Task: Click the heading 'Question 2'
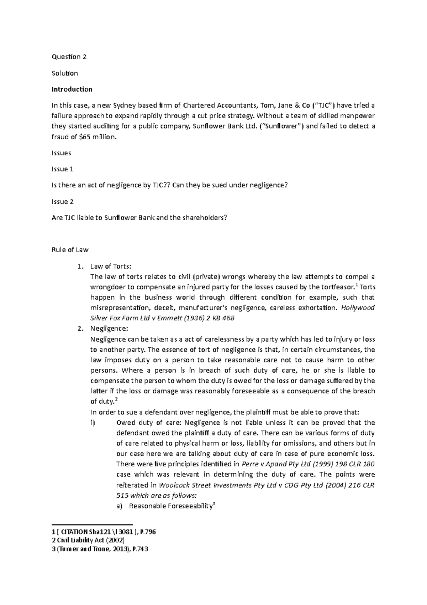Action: [69, 57]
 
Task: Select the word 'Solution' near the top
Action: [65, 73]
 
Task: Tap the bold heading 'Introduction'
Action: [72, 89]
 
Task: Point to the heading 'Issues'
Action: [61, 153]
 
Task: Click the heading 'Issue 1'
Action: [62, 169]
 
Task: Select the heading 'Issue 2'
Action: [62, 202]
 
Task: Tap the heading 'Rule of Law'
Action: [70, 250]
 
